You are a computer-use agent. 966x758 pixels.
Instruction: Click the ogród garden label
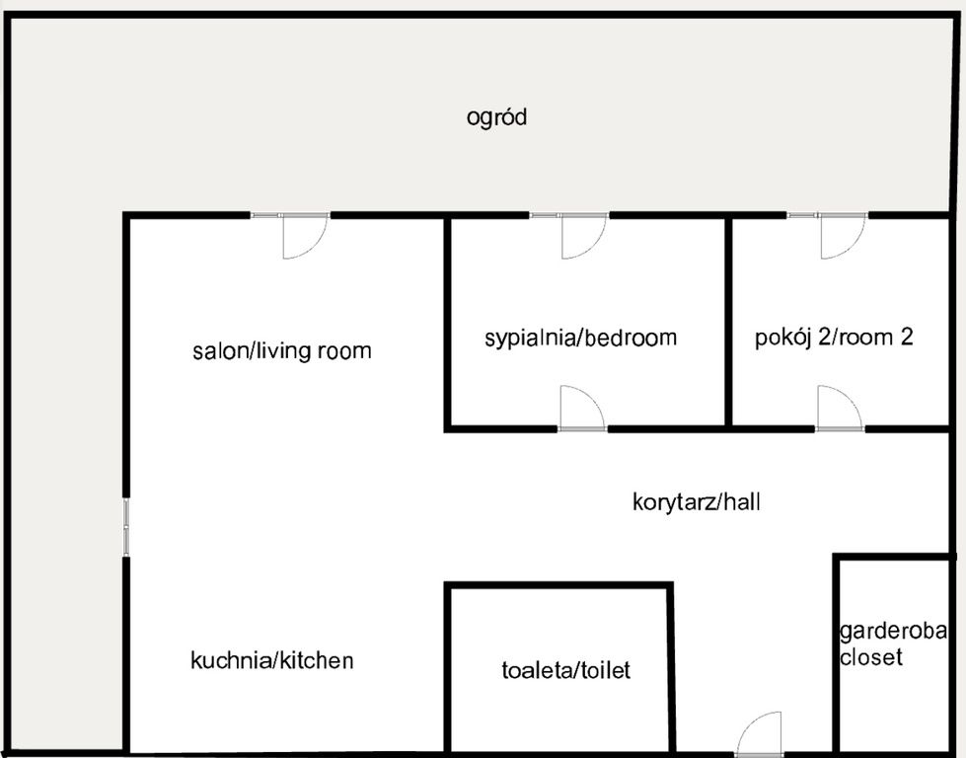coord(496,117)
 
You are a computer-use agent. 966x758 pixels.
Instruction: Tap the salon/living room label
coord(281,350)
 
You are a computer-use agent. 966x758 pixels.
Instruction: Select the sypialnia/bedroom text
coord(580,338)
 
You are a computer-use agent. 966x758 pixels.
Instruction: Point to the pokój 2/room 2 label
coord(834,337)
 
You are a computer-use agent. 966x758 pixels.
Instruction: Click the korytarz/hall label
coord(696,502)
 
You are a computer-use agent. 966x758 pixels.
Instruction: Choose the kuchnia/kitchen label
coord(271,660)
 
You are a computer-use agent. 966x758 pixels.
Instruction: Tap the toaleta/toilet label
coord(565,671)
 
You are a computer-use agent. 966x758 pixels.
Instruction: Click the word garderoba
coord(893,632)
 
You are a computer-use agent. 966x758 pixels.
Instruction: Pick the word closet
coord(870,656)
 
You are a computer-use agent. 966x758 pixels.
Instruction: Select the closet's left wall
coord(837,651)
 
